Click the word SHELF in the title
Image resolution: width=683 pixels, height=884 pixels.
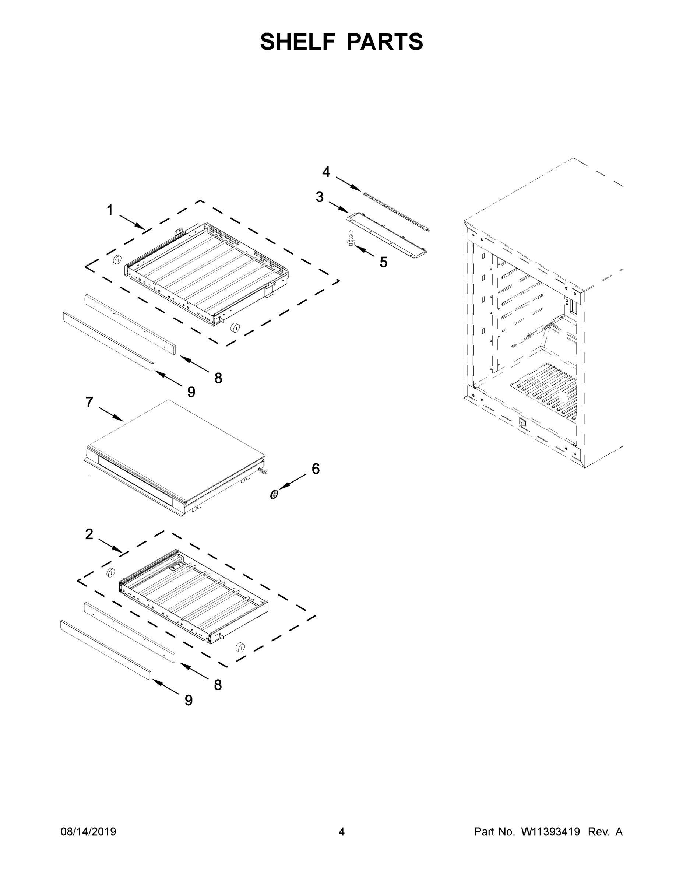click(x=298, y=42)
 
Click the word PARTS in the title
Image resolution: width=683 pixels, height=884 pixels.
click(x=385, y=42)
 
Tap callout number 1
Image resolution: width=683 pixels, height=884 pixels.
click(x=110, y=210)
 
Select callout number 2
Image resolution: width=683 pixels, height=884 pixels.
click(x=89, y=534)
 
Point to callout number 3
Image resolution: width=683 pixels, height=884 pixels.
click(x=320, y=197)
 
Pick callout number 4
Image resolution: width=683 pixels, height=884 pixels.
click(x=326, y=172)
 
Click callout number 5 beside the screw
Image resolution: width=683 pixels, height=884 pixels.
click(x=384, y=262)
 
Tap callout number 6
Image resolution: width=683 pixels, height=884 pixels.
click(x=316, y=469)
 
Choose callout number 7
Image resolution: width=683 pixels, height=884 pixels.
click(x=89, y=402)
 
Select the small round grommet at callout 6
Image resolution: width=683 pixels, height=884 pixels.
click(x=275, y=494)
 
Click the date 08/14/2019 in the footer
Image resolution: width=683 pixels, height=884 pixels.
click(x=88, y=831)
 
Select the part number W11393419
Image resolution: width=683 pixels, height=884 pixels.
click(x=550, y=831)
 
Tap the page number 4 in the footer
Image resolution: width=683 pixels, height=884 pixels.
click(x=342, y=831)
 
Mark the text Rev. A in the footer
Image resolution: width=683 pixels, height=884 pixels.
click(x=605, y=831)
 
